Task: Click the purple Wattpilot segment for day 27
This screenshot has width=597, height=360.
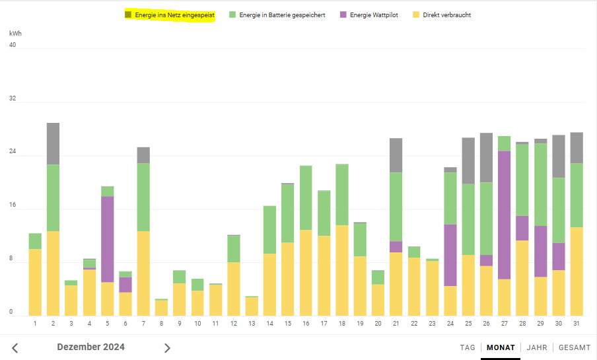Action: (x=504, y=215)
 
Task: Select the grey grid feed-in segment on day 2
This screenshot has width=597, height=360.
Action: (x=53, y=143)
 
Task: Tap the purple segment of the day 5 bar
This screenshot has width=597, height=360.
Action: (x=107, y=239)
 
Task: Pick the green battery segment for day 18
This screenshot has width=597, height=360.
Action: (x=342, y=195)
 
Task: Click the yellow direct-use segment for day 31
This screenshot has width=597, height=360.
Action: (x=577, y=271)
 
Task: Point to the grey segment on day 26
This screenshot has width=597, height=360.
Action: (x=486, y=157)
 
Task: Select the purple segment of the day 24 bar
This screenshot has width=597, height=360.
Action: (x=450, y=255)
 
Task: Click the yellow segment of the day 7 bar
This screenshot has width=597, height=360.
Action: (x=143, y=273)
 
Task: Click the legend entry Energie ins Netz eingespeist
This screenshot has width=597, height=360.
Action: (x=174, y=15)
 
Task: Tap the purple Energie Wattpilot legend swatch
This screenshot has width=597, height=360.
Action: (x=343, y=15)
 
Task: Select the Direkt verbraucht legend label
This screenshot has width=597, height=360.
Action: (x=446, y=15)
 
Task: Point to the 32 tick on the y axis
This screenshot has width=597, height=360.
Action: (x=13, y=99)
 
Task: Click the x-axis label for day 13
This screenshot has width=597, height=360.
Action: (x=252, y=324)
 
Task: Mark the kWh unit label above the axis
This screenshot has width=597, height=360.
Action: (x=15, y=32)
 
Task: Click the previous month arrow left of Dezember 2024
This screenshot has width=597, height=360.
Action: (x=15, y=348)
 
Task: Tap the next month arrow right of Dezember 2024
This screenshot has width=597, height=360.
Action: (x=167, y=348)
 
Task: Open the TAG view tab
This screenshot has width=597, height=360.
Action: (x=468, y=347)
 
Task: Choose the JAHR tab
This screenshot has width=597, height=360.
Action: (x=537, y=347)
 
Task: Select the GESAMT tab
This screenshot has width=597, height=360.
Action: (x=575, y=347)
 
